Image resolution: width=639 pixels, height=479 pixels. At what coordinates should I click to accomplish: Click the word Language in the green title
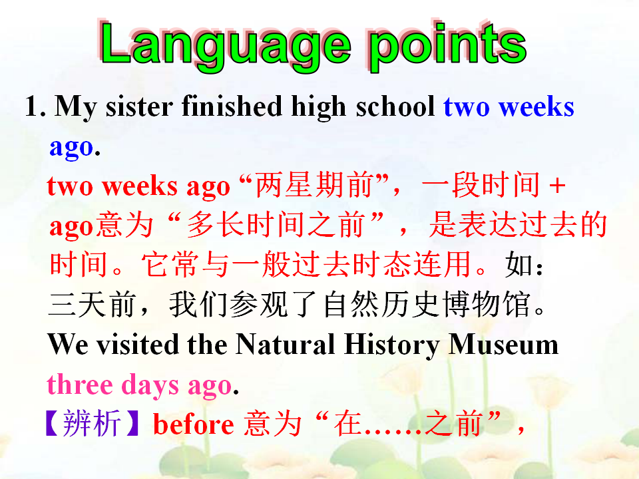(x=226, y=46)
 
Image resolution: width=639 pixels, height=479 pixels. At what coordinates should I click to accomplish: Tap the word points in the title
(x=448, y=46)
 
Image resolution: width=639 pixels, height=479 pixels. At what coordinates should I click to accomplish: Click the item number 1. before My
(x=35, y=106)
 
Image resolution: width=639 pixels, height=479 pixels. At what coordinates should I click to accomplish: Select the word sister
(x=139, y=106)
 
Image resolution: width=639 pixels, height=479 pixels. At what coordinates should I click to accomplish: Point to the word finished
(x=232, y=106)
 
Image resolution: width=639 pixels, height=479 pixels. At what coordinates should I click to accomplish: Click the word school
(x=395, y=106)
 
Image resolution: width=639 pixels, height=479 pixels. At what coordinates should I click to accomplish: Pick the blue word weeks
(x=536, y=107)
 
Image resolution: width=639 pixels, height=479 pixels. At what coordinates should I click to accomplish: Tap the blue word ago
(x=72, y=148)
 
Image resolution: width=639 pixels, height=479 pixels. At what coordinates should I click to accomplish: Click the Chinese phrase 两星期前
(x=314, y=186)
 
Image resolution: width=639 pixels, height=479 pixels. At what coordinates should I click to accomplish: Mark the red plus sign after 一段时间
(x=557, y=186)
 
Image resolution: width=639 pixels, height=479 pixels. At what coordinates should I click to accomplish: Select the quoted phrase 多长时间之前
(x=275, y=225)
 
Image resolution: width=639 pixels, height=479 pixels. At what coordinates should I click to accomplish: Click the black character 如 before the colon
(x=519, y=265)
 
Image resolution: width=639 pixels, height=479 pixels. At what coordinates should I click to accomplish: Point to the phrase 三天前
(x=92, y=305)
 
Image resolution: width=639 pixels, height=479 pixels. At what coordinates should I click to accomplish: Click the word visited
(x=138, y=345)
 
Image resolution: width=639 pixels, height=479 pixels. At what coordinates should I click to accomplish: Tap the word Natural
(x=285, y=345)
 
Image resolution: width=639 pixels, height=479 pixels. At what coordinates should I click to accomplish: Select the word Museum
(x=503, y=345)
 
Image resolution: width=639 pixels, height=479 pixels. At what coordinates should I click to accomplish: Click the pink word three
(x=80, y=385)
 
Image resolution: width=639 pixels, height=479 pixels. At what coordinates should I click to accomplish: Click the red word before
(x=193, y=424)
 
